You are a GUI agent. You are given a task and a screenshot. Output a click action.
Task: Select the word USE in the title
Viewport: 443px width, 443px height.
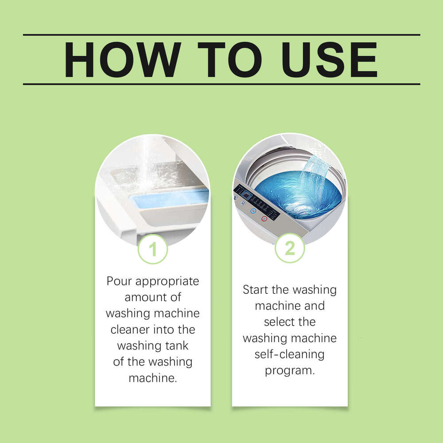pos(327,60)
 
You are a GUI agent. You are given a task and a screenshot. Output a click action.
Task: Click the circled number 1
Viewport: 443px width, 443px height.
pos(153,249)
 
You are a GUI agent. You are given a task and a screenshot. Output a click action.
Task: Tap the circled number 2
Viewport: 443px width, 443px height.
pos(290,248)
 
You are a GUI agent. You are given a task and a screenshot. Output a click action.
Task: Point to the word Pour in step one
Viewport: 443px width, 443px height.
pos(120,281)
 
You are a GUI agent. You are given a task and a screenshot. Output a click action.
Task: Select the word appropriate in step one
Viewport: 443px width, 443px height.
pos(168,282)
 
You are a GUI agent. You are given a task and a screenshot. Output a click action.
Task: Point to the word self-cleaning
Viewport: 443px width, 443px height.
pos(289,354)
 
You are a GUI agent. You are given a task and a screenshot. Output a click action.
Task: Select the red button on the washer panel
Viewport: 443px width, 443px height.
pos(264,218)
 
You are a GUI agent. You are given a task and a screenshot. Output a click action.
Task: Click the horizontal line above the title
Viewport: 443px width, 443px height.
pos(221,35)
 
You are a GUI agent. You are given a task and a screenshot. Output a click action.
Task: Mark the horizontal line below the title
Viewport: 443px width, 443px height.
pos(221,84)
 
